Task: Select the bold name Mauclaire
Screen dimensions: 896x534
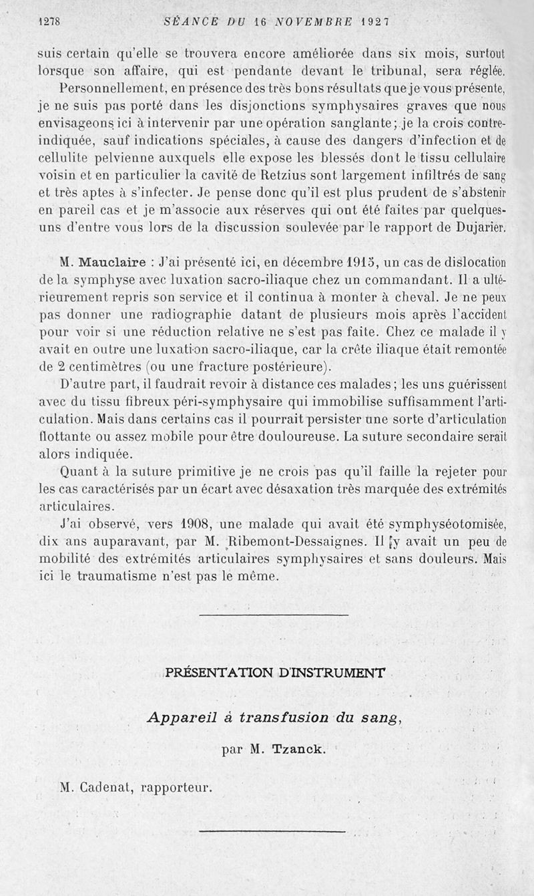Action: click(116, 263)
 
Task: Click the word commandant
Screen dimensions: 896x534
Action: click(403, 280)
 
